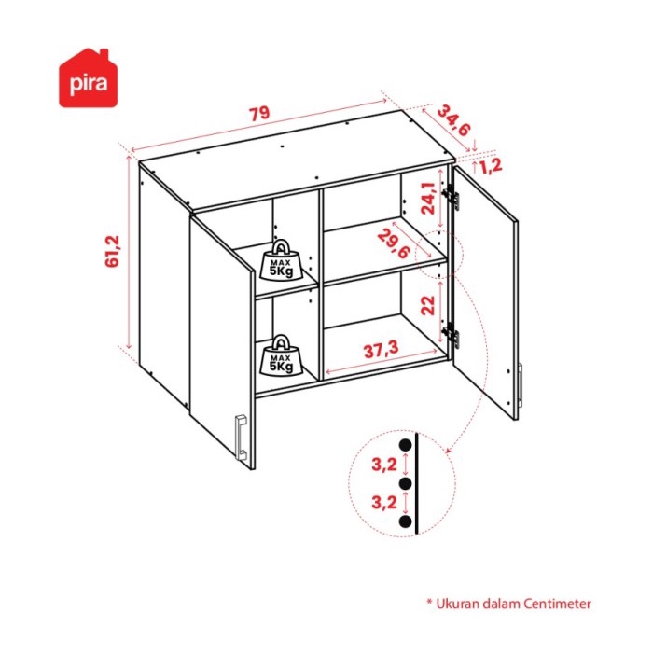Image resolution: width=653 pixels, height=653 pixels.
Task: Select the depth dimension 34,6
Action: pos(452,119)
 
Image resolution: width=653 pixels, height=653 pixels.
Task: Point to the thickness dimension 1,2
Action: pos(492,166)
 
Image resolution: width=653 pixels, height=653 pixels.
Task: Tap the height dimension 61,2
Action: pos(114,252)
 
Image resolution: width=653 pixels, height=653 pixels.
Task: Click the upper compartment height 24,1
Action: pos(426,198)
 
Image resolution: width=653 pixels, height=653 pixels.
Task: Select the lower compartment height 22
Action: pos(426,304)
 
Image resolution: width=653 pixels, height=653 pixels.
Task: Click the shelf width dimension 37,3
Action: pos(381,349)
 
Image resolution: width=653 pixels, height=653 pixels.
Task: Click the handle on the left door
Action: pos(241,436)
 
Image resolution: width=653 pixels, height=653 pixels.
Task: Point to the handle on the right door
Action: pos(521,385)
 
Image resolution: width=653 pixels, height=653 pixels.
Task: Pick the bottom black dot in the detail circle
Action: pos(405,523)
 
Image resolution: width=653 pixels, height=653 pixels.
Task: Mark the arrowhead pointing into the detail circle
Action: pos(447,453)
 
